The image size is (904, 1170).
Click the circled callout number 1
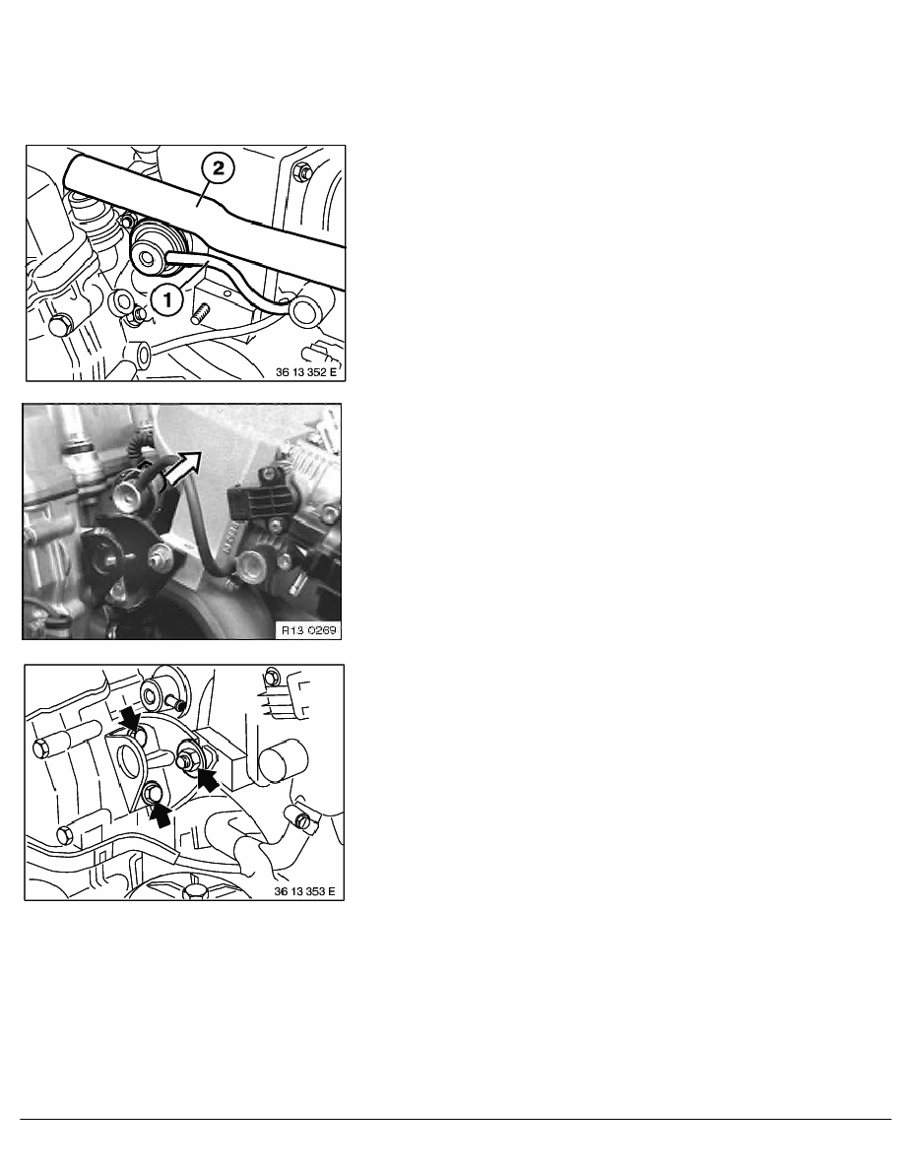tap(167, 300)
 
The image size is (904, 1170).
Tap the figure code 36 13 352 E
tap(306, 371)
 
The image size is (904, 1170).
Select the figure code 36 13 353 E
tap(304, 891)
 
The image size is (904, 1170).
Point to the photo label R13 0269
tap(308, 630)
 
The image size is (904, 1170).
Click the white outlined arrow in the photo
tap(181, 469)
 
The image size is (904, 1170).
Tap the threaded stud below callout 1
tap(198, 315)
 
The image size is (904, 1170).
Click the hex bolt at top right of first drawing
tap(302, 172)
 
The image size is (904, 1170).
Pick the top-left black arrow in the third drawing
tap(131, 719)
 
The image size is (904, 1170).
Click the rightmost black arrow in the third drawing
tap(209, 780)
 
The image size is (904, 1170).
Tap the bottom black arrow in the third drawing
tap(161, 813)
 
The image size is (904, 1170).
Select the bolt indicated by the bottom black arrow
tap(153, 792)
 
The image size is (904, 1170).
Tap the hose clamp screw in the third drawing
tap(302, 821)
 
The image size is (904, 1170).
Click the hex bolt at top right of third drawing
tap(272, 677)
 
